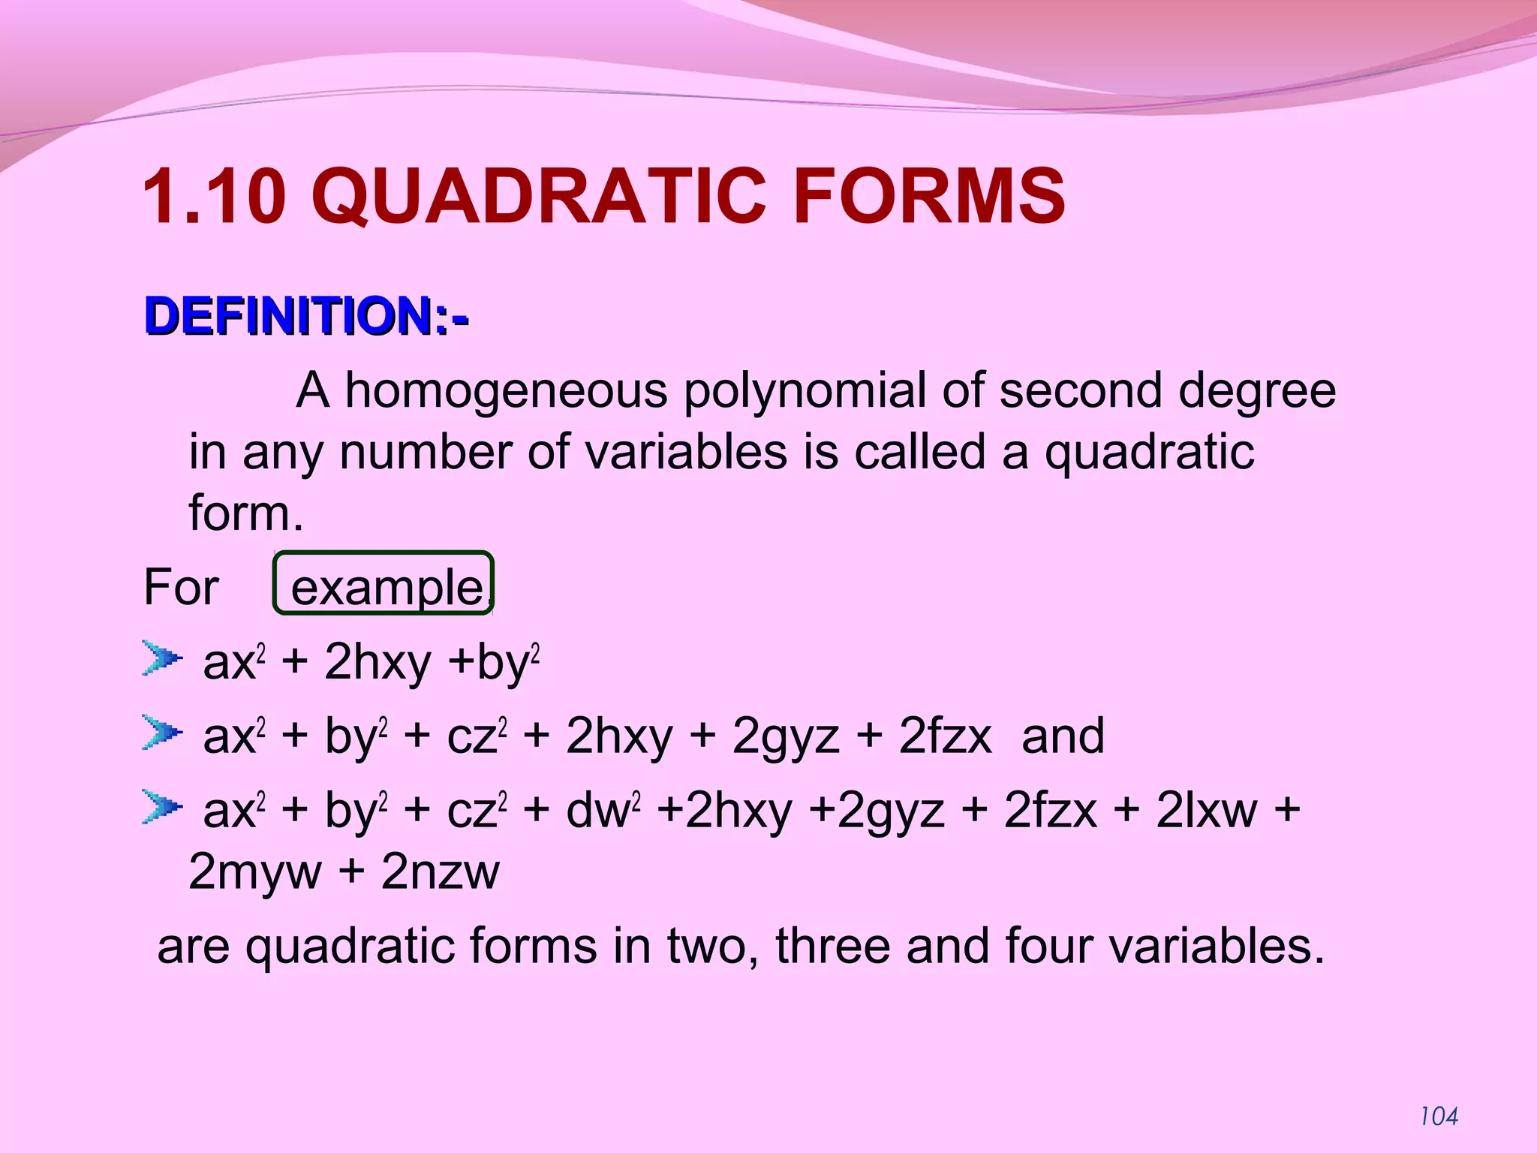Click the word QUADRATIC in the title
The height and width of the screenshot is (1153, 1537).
(540, 197)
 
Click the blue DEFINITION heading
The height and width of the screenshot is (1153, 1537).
(306, 317)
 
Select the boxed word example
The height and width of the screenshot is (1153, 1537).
(386, 586)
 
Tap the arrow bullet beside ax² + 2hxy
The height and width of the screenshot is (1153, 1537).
(161, 659)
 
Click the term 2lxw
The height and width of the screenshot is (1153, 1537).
(1206, 811)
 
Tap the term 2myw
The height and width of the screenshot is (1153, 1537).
(254, 872)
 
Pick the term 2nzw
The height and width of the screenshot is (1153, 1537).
(440, 872)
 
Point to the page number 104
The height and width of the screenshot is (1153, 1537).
(1439, 1117)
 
